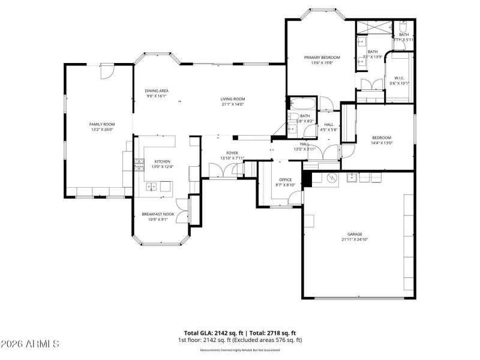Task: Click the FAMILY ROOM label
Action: (x=102, y=124)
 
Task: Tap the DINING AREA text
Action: (x=156, y=91)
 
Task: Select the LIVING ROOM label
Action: (x=232, y=99)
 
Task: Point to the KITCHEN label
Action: (x=163, y=161)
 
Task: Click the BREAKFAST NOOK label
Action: (x=158, y=214)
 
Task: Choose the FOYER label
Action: (x=232, y=153)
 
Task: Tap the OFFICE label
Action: (x=285, y=180)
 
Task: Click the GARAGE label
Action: (x=355, y=234)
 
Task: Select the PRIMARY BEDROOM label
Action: (x=318, y=58)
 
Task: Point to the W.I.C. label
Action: (x=400, y=78)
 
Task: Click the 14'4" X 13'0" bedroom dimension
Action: (x=382, y=143)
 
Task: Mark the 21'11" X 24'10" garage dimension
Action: (x=355, y=239)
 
